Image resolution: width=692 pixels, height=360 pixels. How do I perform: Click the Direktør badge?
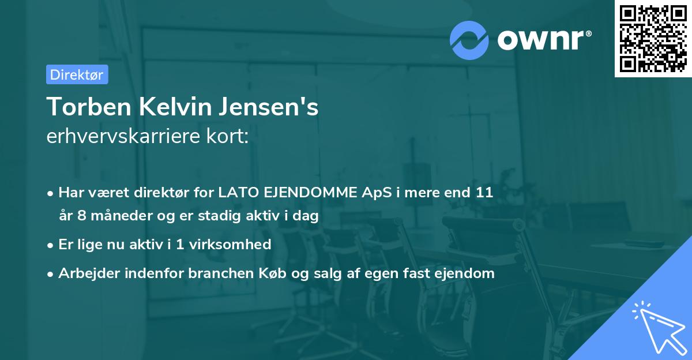(77, 74)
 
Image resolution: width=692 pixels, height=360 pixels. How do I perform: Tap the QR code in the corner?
(653, 38)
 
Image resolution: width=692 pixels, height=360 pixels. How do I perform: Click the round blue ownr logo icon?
(468, 40)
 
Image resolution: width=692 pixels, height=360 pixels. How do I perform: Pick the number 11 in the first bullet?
(484, 193)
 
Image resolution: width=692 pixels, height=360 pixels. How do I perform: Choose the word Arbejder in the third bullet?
(84, 273)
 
